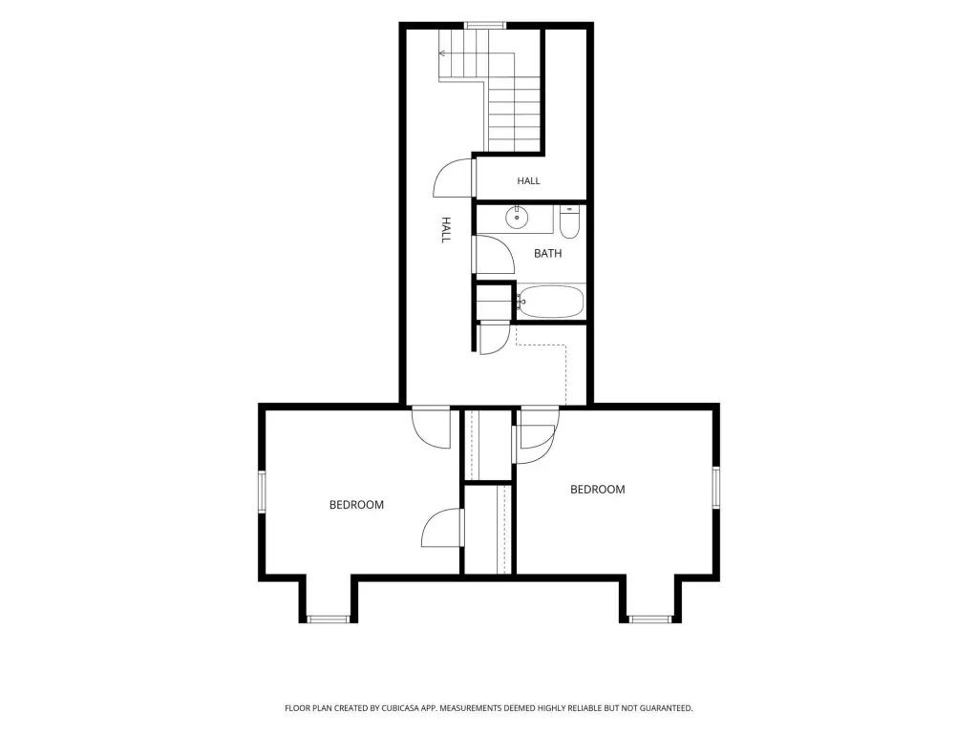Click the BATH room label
(547, 253)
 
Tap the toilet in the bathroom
(569, 221)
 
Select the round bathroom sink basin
(517, 218)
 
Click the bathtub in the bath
(551, 302)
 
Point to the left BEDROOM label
(356, 505)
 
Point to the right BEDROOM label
(598, 490)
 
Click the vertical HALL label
(446, 230)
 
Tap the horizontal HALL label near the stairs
(528, 180)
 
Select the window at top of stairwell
(484, 25)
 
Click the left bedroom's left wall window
(262, 492)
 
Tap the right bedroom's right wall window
(716, 487)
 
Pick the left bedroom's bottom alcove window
(329, 618)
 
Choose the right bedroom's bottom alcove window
(649, 618)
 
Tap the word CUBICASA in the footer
(400, 708)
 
